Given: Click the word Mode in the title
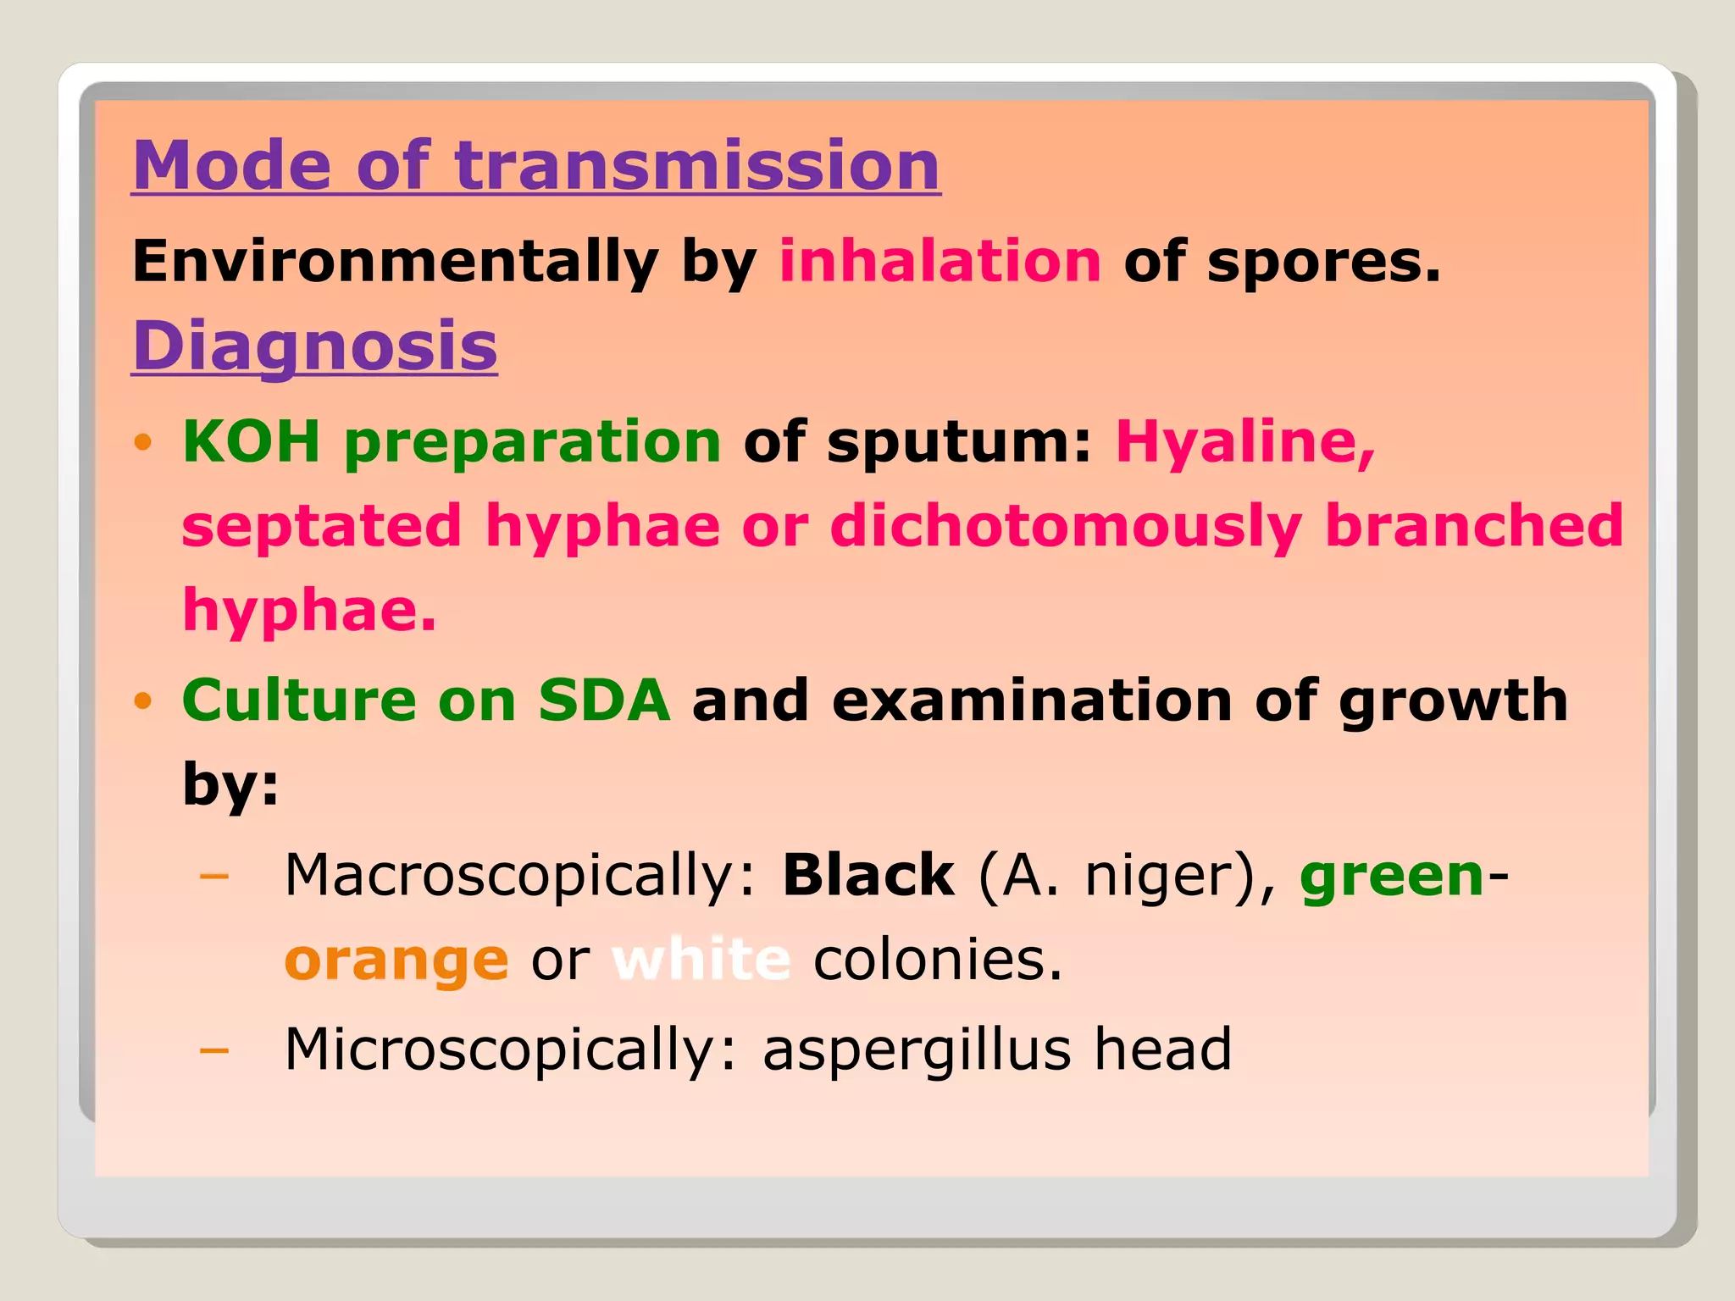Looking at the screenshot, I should (x=231, y=165).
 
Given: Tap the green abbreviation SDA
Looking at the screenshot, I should (x=604, y=700).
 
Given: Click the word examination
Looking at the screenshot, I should (x=1032, y=700).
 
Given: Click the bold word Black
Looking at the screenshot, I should (x=867, y=875).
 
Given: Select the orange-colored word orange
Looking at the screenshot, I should (x=396, y=961).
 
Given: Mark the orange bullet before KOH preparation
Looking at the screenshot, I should (x=142, y=442).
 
